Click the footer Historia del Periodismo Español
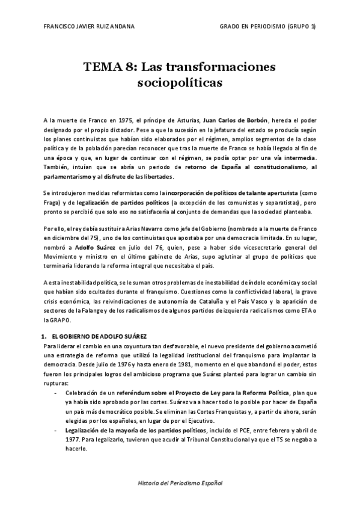pyautogui.click(x=180, y=483)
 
